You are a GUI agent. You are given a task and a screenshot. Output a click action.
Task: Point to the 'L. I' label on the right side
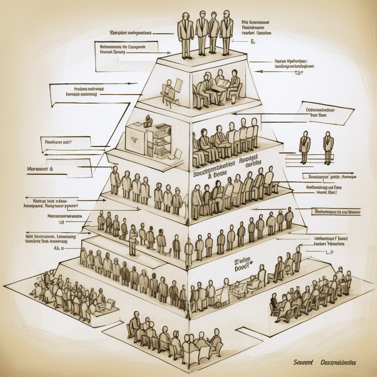(330, 253)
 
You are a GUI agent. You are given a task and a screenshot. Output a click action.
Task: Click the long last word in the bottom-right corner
(338, 363)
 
